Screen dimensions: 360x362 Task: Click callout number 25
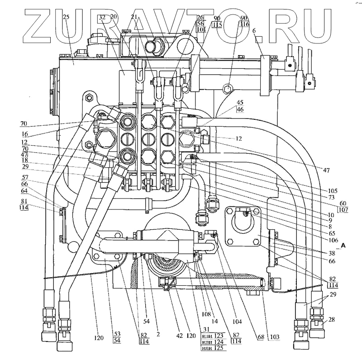tap(67, 17)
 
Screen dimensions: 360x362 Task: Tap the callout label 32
tap(102, 17)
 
